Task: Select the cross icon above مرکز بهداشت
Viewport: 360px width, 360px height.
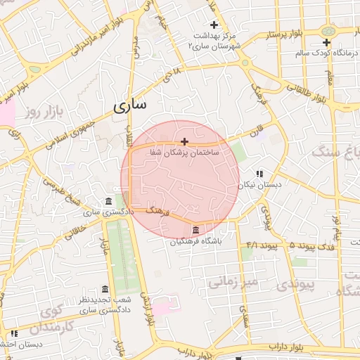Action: [x=214, y=25]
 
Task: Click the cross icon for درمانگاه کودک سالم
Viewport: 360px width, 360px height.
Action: [x=326, y=43]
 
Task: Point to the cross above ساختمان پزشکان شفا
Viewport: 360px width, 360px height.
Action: [x=184, y=141]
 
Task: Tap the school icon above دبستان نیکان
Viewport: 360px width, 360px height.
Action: [x=259, y=174]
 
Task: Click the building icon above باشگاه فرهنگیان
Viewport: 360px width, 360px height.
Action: [x=195, y=231]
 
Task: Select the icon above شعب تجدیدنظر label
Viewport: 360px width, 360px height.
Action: [x=105, y=289]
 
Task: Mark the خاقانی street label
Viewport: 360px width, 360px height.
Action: [x=77, y=228]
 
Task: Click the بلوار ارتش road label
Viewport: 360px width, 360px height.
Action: [x=146, y=309]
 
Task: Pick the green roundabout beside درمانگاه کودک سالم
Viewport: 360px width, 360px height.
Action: [x=328, y=31]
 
